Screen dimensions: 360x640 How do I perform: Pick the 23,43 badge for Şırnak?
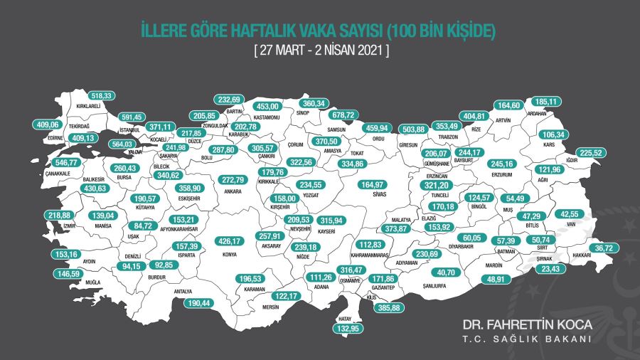(x=550, y=269)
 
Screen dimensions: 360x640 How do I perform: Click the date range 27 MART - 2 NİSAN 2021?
(x=320, y=51)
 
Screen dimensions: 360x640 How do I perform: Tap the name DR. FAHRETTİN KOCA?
(x=527, y=324)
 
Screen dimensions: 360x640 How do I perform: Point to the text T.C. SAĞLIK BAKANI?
(x=527, y=339)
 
